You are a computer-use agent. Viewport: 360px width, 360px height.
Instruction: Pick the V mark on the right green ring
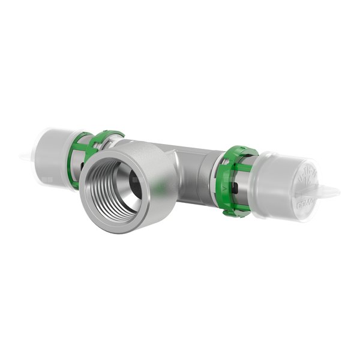pos(224,188)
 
